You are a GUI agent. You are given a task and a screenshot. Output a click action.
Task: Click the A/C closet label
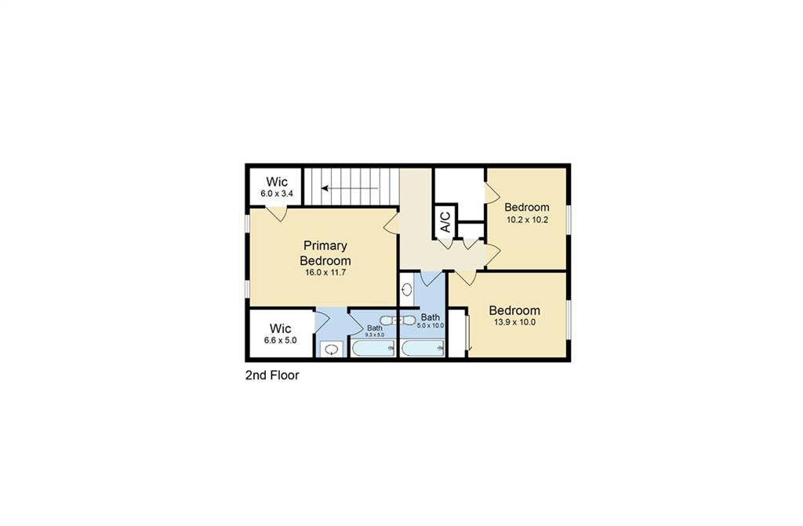(444, 223)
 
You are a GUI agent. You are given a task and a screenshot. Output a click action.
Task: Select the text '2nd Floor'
(272, 375)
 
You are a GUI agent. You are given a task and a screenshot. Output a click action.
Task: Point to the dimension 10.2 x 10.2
(526, 219)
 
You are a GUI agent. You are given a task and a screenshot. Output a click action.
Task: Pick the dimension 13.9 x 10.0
(514, 322)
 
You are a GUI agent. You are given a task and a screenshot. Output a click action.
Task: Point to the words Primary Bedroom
(325, 252)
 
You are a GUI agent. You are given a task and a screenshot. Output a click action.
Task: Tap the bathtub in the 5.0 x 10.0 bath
(423, 347)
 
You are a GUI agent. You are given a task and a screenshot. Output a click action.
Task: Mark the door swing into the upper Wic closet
(275, 213)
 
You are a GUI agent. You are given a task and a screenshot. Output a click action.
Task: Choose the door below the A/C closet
(445, 243)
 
